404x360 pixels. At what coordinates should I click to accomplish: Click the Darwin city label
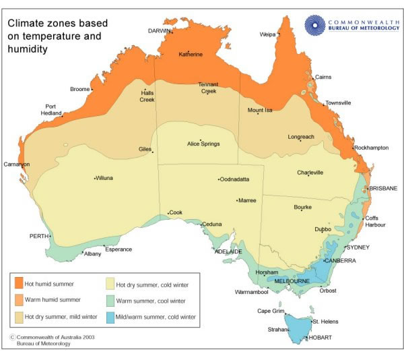pos(160,31)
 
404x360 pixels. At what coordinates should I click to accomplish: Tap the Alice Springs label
pos(203,144)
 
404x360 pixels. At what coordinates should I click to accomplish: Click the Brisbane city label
pos(382,188)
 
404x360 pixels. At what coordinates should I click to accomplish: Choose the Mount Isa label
pos(260,110)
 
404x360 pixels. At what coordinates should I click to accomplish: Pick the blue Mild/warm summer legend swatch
pos(110,314)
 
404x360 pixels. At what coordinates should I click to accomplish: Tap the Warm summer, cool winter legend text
pos(154,299)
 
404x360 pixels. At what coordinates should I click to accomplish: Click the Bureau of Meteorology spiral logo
pos(314,24)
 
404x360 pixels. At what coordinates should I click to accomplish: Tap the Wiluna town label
pos(104,179)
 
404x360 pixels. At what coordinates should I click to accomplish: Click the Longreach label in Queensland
pos(301,137)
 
